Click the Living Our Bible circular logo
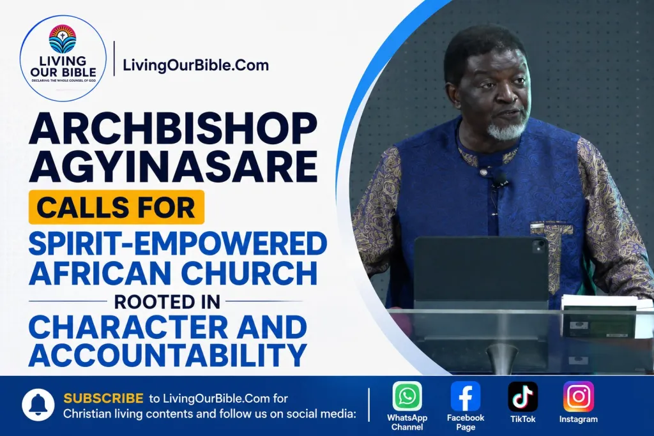point(63,58)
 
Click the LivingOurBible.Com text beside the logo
point(195,66)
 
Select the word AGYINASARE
point(173,167)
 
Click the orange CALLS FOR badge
point(116,207)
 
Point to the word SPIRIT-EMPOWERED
point(178,243)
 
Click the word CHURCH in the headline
point(249,273)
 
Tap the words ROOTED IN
point(167,302)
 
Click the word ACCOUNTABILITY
point(168,355)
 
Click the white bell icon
point(38,405)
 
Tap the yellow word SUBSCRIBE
point(103,398)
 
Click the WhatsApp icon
point(407,396)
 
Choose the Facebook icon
point(466,396)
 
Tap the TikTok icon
point(522,396)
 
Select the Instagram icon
point(579,396)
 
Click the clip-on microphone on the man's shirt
point(499,180)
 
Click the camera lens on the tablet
point(540,246)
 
